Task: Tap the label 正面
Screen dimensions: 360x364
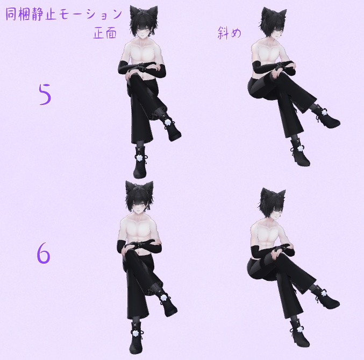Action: (105, 33)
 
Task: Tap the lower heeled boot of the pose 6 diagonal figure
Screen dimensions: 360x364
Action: (299, 334)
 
